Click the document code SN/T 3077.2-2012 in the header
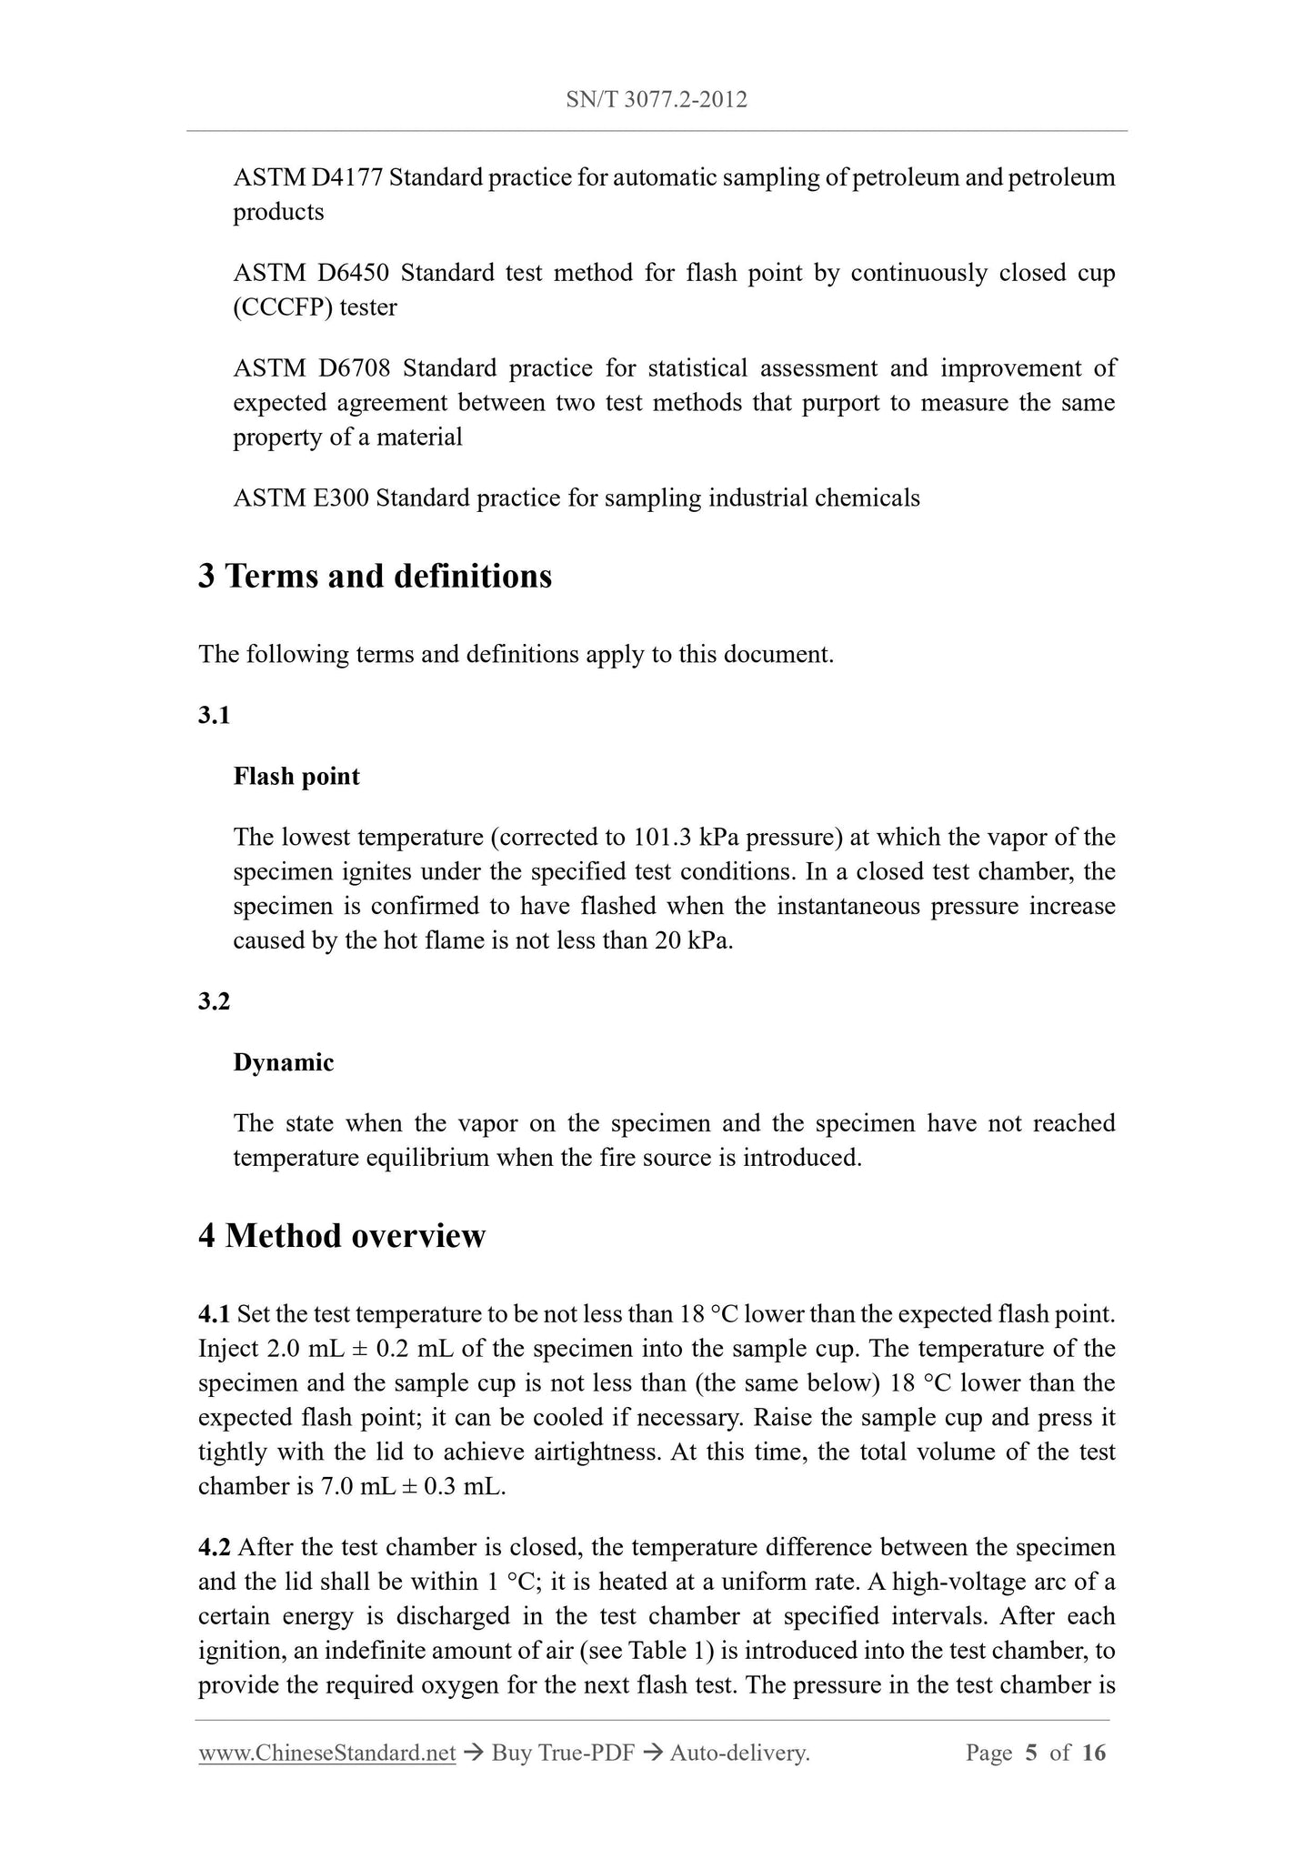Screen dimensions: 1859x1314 [657, 100]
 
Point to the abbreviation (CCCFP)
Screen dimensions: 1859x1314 [283, 307]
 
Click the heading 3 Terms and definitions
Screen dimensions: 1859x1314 [375, 577]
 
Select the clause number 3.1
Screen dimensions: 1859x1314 [214, 716]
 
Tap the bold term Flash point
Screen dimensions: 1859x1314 [296, 777]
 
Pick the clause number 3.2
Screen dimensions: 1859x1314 [214, 1002]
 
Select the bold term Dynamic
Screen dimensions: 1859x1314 [284, 1063]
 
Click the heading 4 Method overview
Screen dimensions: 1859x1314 [342, 1236]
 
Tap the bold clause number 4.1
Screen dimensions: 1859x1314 [214, 1314]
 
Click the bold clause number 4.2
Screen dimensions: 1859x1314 [214, 1548]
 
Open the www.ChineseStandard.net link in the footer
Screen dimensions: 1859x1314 [326, 1753]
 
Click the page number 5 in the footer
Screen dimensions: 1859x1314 [1031, 1753]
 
